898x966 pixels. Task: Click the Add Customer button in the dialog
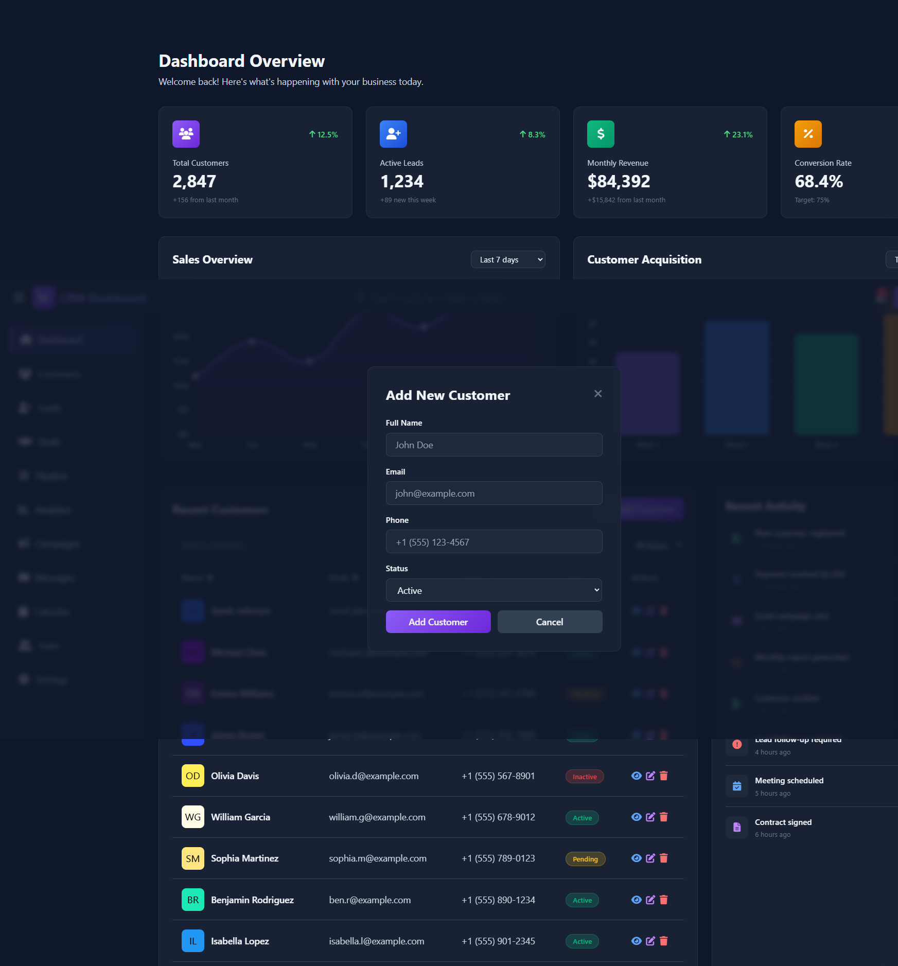tap(438, 622)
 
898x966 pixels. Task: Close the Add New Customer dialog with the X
tap(598, 394)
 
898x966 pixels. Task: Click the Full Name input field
tap(494, 445)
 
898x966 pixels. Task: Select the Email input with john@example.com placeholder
tap(494, 493)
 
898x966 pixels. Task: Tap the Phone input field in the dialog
tap(494, 542)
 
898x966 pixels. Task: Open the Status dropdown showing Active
tap(494, 590)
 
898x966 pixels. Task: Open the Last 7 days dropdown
tap(507, 259)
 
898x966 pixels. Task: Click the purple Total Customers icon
tap(186, 134)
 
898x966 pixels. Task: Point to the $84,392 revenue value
tap(619, 181)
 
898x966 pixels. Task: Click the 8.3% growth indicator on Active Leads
tap(532, 134)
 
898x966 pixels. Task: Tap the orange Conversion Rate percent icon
tap(808, 134)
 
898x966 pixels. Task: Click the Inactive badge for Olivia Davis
tap(585, 777)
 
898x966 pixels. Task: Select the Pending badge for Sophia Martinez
tap(585, 859)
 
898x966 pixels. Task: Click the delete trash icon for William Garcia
tap(664, 817)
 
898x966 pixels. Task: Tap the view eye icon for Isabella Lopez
tap(636, 941)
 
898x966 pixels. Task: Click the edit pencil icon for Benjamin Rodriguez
tap(650, 900)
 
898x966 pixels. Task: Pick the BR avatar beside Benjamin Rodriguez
tap(192, 900)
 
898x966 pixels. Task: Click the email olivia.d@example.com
tap(374, 776)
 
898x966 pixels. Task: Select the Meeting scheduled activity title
tap(789, 781)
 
